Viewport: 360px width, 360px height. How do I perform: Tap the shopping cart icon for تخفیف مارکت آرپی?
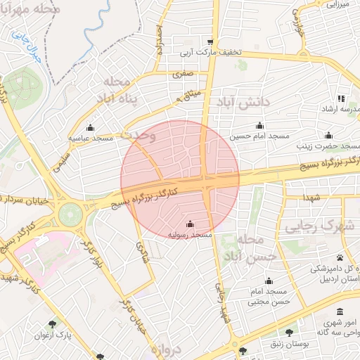(210, 41)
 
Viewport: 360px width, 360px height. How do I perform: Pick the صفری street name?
(181, 72)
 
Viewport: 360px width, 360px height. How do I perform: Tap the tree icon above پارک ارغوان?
(51, 324)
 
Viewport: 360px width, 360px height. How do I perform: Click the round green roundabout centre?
(70, 214)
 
